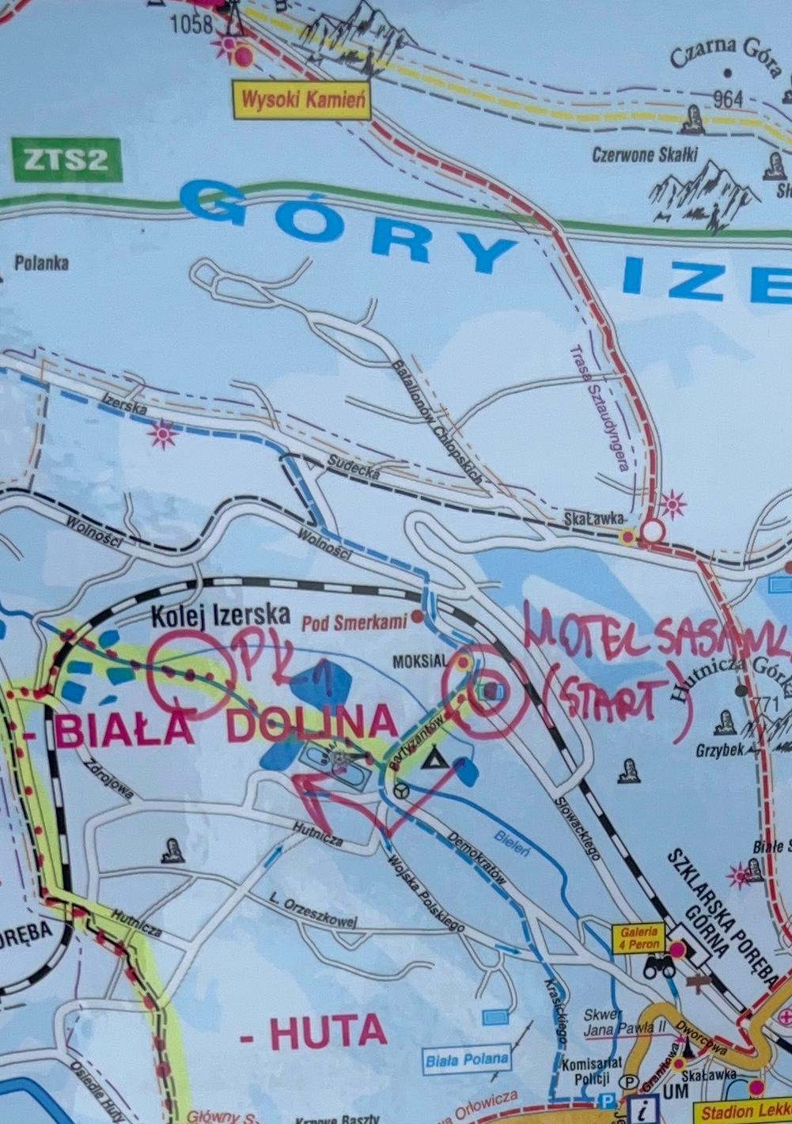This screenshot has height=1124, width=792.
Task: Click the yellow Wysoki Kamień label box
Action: pos(301,100)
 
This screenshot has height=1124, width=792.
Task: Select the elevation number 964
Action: pos(727,99)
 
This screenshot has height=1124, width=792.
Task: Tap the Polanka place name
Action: pos(41,263)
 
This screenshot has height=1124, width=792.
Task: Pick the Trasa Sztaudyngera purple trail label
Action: pos(599,411)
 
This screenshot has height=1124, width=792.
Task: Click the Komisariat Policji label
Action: pos(592,1071)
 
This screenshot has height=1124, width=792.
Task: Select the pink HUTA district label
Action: pos(314,1032)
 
